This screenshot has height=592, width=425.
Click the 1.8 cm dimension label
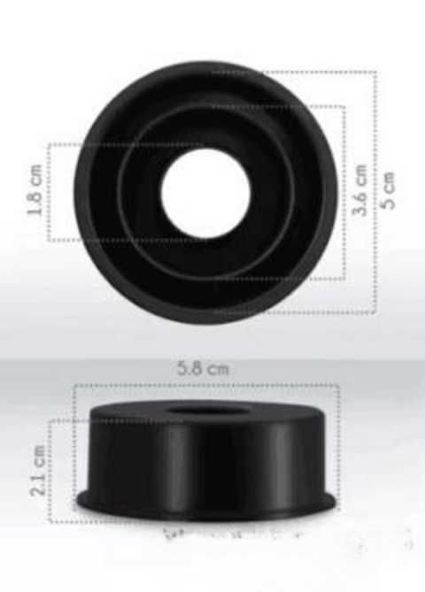[x=35, y=193]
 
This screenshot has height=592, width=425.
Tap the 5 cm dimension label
[x=389, y=189]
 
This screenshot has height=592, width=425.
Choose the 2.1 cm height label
[x=37, y=471]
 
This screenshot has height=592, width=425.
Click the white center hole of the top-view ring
[x=205, y=193]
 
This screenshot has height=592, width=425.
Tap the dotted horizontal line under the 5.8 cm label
[x=205, y=385]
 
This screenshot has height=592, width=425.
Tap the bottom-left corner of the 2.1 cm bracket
[x=50, y=521]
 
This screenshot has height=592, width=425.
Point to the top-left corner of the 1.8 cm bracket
[x=50, y=144]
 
